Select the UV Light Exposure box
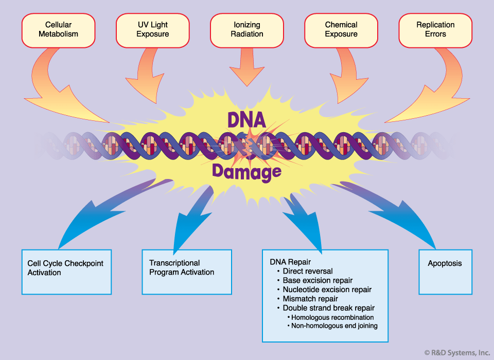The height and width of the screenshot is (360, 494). [153, 29]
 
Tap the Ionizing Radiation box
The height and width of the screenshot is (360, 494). [247, 29]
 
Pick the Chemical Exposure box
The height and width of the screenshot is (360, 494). [341, 29]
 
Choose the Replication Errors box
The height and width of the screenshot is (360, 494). [435, 29]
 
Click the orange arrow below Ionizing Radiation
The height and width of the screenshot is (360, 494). [247, 69]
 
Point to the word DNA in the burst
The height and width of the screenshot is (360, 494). [247, 120]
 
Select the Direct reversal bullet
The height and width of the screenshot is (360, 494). [308, 271]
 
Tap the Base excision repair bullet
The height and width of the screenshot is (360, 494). [317, 280]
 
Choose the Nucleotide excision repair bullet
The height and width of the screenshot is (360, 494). [327, 290]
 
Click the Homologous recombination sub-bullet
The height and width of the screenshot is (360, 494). [332, 317]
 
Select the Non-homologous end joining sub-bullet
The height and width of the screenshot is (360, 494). [334, 326]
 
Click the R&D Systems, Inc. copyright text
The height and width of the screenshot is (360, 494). [457, 352]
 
